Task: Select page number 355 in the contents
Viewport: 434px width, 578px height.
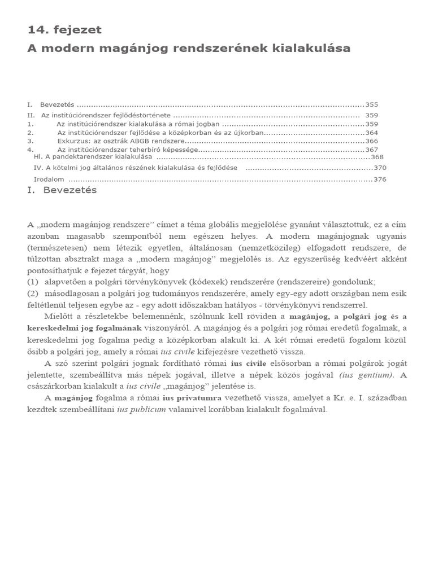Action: point(371,104)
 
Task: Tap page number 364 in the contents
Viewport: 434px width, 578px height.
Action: point(371,133)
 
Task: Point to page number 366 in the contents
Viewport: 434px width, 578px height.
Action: point(371,141)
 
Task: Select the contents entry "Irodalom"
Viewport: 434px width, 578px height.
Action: point(49,179)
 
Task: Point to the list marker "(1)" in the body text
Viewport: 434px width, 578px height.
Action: point(33,281)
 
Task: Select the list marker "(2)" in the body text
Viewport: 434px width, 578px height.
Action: point(33,293)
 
